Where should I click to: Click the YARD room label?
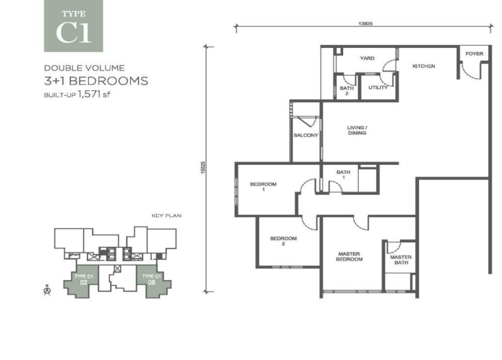367,58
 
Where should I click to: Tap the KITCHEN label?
423,66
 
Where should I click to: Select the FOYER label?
474,54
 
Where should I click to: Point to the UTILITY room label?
378,88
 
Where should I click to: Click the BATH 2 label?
347,90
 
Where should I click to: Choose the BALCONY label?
305,136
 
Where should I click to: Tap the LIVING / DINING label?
357,130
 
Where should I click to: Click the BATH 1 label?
343,175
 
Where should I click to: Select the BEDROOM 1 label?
263,187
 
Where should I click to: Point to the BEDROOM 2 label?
284,241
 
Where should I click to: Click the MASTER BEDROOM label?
349,257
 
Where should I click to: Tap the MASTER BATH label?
401,260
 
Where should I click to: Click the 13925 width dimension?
365,24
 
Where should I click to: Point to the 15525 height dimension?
203,168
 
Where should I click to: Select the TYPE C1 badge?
73,26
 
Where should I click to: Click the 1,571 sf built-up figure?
94,94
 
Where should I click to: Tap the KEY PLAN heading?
166,216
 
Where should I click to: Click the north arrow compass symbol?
47,290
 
